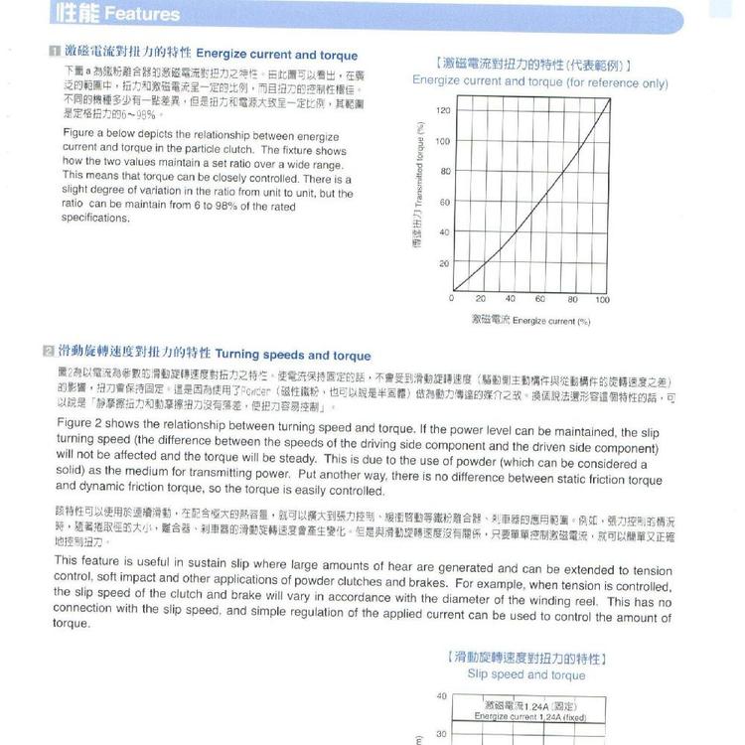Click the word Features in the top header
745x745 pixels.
(142, 14)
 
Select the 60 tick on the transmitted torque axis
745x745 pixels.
(444, 203)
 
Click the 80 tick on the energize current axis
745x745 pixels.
(572, 299)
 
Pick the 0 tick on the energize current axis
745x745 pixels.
(452, 299)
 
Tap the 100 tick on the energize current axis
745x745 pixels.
(602, 299)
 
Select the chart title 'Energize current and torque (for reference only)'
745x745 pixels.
(539, 82)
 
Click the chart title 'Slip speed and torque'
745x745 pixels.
(526, 675)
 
